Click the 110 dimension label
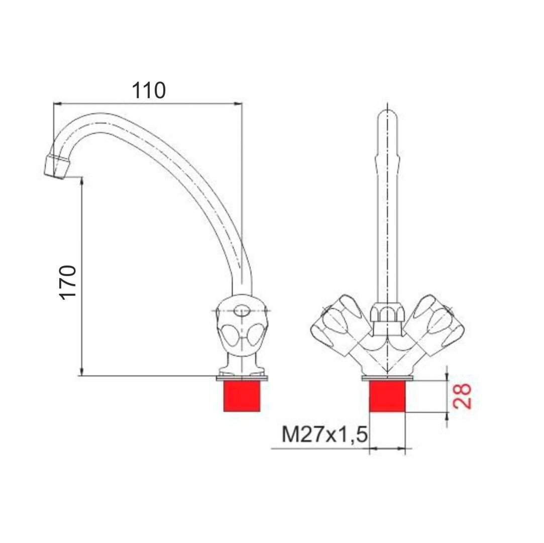pos(149,90)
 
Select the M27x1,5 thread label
pos(324,434)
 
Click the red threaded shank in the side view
pos(242,396)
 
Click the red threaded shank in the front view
pos(387,396)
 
